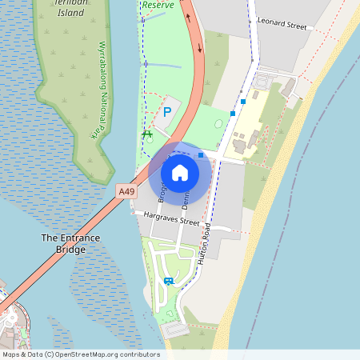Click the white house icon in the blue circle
click(180, 172)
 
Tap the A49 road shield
click(126, 191)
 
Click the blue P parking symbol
click(166, 112)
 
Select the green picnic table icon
click(147, 134)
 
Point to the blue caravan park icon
click(168, 281)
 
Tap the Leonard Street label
click(282, 26)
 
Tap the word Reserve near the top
click(157, 5)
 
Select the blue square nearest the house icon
click(202, 155)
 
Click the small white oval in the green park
click(218, 122)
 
